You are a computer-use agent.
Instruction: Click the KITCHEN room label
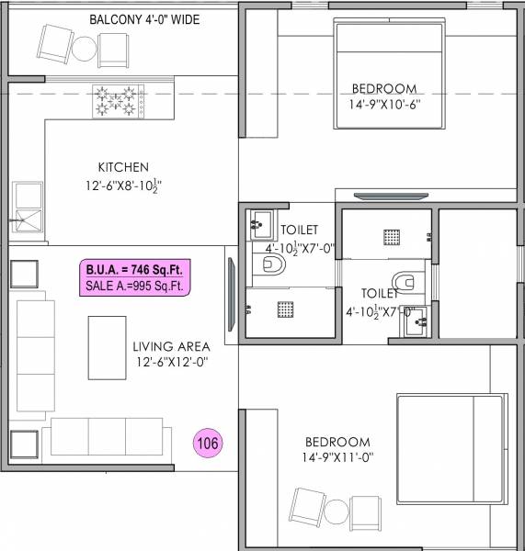click(122, 167)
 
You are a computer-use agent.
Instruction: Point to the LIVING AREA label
click(171, 346)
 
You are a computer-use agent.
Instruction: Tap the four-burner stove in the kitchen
click(118, 101)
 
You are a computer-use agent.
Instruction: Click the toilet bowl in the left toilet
click(273, 265)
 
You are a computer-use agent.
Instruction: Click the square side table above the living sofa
click(24, 275)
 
